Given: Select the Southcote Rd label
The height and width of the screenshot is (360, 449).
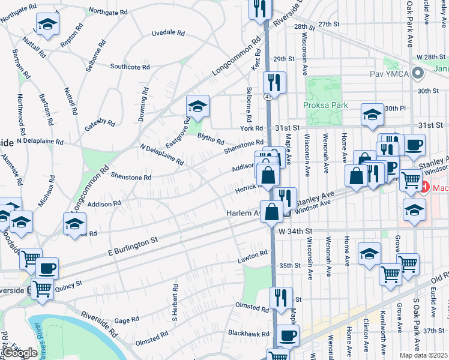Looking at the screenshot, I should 125,67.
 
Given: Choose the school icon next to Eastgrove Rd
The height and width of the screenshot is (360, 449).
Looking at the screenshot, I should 197,107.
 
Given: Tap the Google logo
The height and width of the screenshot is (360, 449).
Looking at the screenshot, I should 20,353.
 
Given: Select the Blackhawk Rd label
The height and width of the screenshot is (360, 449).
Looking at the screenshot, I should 248,332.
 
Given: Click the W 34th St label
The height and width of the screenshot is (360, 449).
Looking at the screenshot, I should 295,230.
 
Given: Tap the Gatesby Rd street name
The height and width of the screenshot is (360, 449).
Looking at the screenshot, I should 100,122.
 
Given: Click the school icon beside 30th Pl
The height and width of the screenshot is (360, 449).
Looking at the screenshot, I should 372,114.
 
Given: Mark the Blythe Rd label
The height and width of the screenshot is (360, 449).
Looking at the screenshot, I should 211,142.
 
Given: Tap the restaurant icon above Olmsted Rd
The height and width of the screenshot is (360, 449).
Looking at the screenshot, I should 281,297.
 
